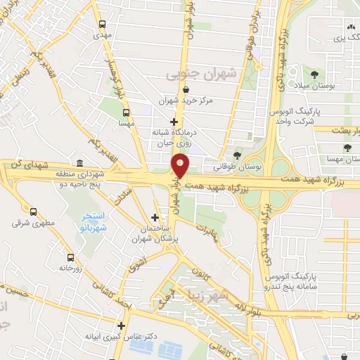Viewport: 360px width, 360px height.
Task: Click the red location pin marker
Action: (181, 165)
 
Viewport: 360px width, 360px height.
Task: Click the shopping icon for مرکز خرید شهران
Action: (185, 89)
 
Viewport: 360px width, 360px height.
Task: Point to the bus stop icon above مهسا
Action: (126, 112)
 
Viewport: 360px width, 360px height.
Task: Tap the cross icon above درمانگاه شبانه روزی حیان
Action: (174, 122)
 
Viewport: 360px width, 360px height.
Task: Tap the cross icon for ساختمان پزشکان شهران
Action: (155, 218)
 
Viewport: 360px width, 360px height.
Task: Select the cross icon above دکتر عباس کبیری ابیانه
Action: (122, 326)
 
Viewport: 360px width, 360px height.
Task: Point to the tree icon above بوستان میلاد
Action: (314, 74)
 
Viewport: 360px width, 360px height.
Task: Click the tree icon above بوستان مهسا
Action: (347, 148)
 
